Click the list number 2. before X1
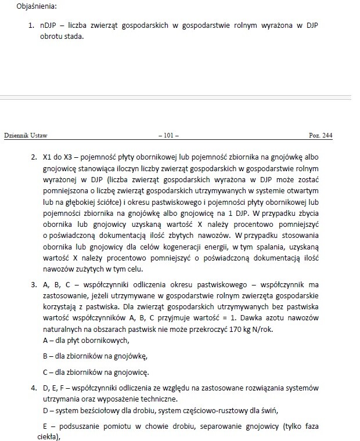(x=33, y=157)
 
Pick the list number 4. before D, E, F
(x=33, y=387)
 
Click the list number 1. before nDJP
(x=33, y=26)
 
